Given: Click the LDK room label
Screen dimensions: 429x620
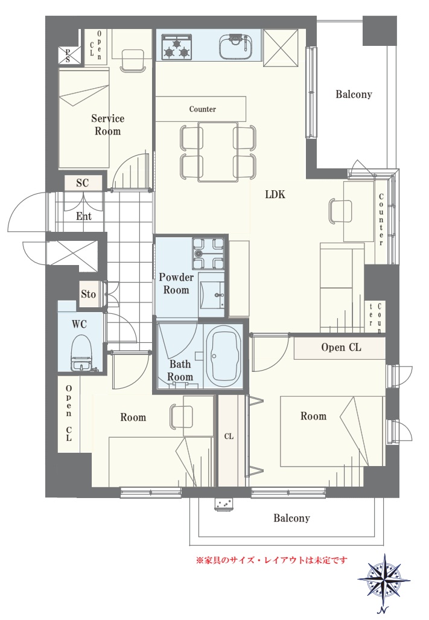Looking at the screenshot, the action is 275,194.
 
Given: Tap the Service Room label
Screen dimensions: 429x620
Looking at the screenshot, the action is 107,124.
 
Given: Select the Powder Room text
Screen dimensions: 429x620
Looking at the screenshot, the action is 176,284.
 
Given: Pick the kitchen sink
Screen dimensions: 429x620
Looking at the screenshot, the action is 235,46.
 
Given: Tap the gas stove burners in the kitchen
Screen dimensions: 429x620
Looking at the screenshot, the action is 177,46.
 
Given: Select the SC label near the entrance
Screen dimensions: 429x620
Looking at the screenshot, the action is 83,183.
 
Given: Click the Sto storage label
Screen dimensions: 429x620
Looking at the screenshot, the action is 89,294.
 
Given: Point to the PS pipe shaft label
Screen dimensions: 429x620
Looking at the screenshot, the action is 68,56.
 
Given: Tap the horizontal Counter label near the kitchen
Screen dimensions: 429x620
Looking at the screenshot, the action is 203,109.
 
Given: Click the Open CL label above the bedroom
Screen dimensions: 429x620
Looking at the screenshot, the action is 341,347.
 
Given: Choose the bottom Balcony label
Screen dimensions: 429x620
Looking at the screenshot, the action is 291,518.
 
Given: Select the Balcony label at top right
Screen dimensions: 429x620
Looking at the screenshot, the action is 354,94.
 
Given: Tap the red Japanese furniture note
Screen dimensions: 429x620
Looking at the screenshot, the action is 272,560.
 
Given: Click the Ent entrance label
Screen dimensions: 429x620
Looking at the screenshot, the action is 84,216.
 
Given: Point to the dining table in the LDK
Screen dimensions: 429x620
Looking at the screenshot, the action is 218,152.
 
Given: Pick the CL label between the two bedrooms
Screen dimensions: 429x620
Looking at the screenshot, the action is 229,436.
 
